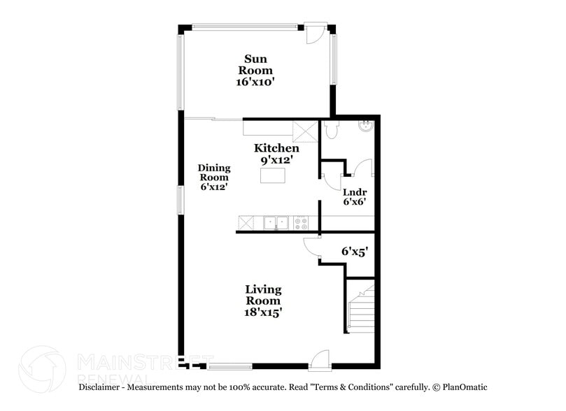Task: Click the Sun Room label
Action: [255, 64]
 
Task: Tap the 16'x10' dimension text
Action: [255, 82]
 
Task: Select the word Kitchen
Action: [276, 147]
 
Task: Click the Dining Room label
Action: [214, 173]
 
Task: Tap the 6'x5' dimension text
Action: [355, 250]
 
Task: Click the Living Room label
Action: [263, 295]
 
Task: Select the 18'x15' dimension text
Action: [263, 312]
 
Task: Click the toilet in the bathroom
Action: [331, 131]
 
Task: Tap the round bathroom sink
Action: [366, 127]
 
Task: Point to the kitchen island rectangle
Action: [274, 175]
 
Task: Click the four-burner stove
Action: [301, 223]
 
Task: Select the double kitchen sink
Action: [276, 223]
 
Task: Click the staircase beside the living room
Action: [360, 305]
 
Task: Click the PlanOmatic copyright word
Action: [462, 387]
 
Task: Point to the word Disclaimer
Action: [101, 387]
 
